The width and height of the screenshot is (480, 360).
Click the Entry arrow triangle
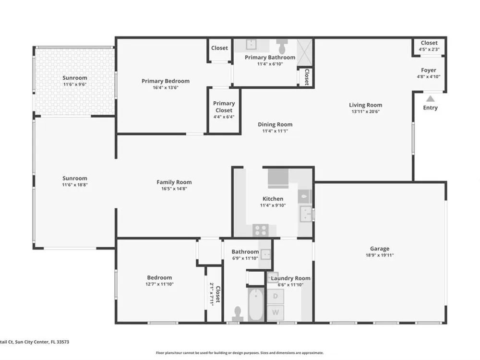pyautogui.click(x=431, y=98)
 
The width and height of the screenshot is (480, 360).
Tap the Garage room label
pyautogui.click(x=380, y=249)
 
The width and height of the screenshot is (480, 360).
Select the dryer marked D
pyautogui.click(x=276, y=296)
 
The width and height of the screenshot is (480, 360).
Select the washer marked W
pyautogui.click(x=276, y=312)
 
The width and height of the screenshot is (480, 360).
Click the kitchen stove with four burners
pyautogui.click(x=261, y=230)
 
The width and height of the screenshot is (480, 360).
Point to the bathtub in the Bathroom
pyautogui.click(x=256, y=305)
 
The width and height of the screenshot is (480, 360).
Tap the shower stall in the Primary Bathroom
pyautogui.click(x=305, y=52)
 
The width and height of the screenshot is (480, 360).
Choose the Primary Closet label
pyautogui.click(x=224, y=107)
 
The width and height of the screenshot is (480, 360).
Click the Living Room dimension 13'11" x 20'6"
pyautogui.click(x=365, y=111)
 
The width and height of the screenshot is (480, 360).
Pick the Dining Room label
pyautogui.click(x=275, y=124)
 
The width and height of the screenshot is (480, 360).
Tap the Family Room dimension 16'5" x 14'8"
pyautogui.click(x=174, y=189)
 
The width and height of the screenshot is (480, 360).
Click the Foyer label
pyautogui.click(x=429, y=70)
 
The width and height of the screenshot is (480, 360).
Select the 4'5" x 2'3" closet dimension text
pyautogui.click(x=429, y=49)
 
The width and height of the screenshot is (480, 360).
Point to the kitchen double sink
pyautogui.click(x=305, y=214)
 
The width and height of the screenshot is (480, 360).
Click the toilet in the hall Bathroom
pyautogui.click(x=238, y=314)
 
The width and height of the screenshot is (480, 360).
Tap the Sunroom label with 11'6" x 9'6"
pyautogui.click(x=75, y=78)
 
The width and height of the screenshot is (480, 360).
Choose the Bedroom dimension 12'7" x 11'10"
pyautogui.click(x=159, y=284)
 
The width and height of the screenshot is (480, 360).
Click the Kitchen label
pyautogui.click(x=273, y=199)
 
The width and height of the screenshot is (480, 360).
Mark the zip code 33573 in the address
pyautogui.click(x=62, y=342)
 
